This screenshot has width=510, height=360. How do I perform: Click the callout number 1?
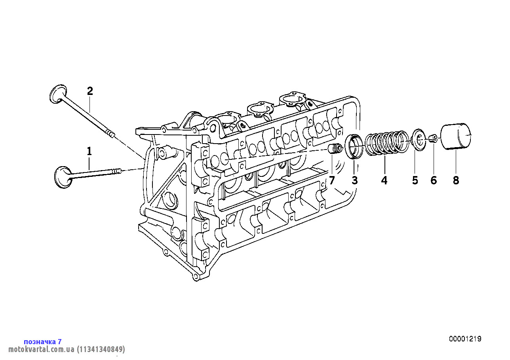point(89,151)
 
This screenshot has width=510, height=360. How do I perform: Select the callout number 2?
point(90,91)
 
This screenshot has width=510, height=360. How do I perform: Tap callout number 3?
point(354,181)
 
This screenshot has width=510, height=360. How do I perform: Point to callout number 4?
point(384,181)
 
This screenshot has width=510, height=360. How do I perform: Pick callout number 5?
point(415,181)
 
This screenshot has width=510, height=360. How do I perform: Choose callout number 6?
point(434,181)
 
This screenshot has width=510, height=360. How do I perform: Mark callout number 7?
point(332,181)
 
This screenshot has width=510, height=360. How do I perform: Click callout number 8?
point(456,181)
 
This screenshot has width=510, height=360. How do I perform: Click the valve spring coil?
point(385,143)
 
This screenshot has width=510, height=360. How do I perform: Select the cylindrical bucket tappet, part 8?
point(456,137)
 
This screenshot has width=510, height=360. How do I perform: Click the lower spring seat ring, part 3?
point(354,146)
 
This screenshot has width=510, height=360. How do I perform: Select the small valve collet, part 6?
point(433,138)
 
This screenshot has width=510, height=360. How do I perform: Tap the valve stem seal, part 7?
point(335,150)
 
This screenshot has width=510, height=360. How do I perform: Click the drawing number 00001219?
point(465,339)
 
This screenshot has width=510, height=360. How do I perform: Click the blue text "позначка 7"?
point(43,341)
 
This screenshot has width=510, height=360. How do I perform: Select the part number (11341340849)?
point(101,349)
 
